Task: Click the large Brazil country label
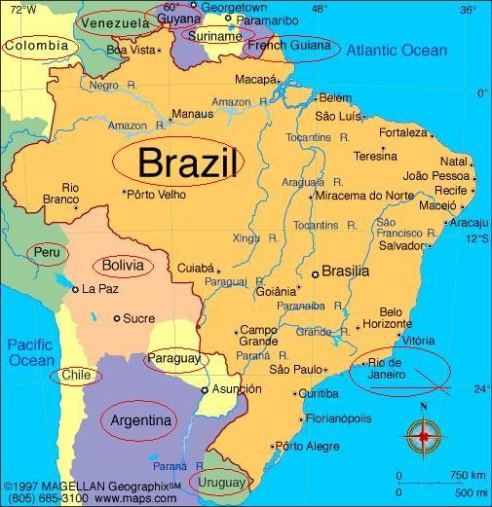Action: (188, 163)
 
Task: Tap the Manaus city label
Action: (191, 114)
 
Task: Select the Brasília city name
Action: (345, 272)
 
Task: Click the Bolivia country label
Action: (123, 265)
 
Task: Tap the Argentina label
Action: (141, 421)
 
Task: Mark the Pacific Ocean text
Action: (32, 352)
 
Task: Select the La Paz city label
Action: (99, 289)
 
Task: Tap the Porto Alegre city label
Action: (310, 447)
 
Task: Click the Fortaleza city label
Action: (403, 132)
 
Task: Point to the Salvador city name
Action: (401, 246)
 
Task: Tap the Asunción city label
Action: (237, 389)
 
